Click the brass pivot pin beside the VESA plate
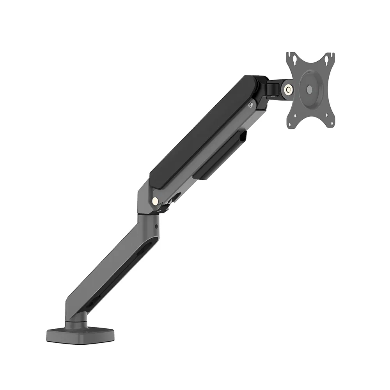(289, 89)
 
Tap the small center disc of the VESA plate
(309, 89)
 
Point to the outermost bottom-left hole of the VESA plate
(290, 124)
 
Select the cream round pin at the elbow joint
(155, 201)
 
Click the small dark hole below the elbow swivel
(156, 227)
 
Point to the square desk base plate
(81, 334)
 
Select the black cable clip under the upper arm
(220, 156)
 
